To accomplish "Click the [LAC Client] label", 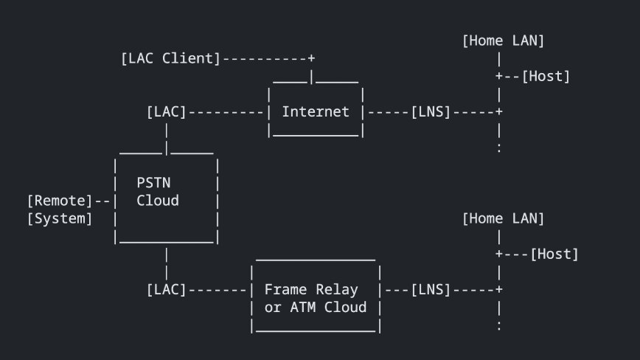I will pyautogui.click(x=170, y=58).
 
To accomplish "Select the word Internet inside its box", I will pyautogui.click(x=316, y=112).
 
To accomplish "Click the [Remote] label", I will pyautogui.click(x=60, y=201).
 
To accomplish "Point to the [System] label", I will pyautogui.click(x=60, y=218).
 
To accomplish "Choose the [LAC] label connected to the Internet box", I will pyautogui.click(x=166, y=112).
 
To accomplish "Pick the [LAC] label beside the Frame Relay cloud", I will pyautogui.click(x=166, y=290).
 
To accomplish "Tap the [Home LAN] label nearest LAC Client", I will pyautogui.click(x=504, y=41).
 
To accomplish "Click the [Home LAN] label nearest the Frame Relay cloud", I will pyautogui.click(x=504, y=218).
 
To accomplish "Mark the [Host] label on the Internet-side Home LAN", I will pyautogui.click(x=546, y=76).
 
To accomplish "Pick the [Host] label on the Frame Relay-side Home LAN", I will pyautogui.click(x=554, y=254).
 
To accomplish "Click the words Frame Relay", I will pyautogui.click(x=311, y=290).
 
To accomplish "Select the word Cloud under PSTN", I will pyautogui.click(x=158, y=201).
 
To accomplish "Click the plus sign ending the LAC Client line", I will pyautogui.click(x=312, y=58).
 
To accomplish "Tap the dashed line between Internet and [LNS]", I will pyautogui.click(x=389, y=112).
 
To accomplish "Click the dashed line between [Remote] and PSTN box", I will pyautogui.click(x=102, y=201).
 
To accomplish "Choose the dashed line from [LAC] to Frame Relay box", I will pyautogui.click(x=218, y=290).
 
